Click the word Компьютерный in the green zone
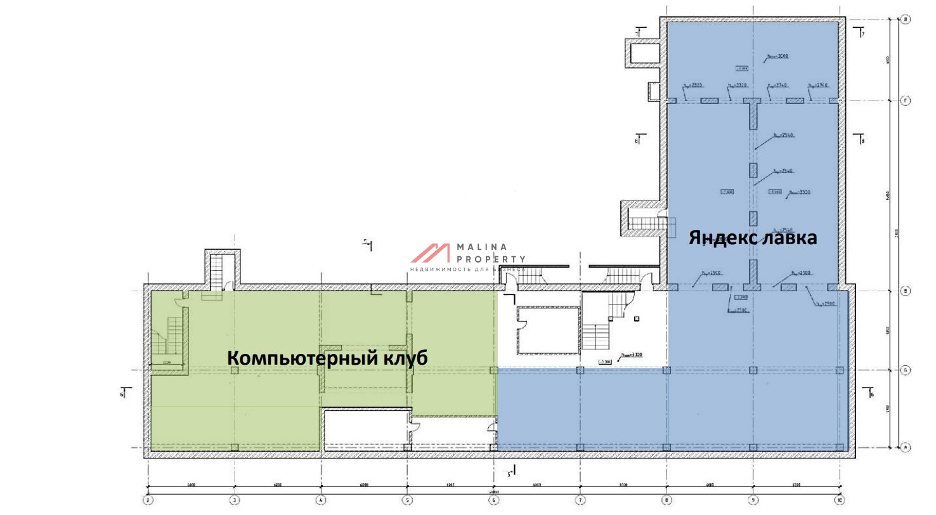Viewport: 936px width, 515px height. [x=302, y=358]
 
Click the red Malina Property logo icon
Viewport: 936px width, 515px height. [x=430, y=253]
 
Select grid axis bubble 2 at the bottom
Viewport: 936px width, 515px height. [x=148, y=499]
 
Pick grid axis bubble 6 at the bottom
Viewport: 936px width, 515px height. [x=494, y=499]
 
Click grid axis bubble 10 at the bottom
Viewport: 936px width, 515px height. [x=840, y=499]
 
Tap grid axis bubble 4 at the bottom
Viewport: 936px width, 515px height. [x=321, y=499]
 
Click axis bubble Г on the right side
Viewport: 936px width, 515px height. [x=906, y=101]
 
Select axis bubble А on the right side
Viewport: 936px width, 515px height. [x=906, y=447]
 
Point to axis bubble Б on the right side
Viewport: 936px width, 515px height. [x=906, y=370]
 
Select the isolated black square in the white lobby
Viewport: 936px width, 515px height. [x=636, y=318]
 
